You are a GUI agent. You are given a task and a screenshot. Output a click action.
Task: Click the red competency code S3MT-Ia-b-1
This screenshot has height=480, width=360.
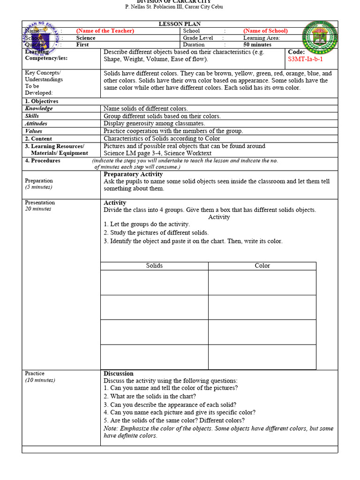(305, 60)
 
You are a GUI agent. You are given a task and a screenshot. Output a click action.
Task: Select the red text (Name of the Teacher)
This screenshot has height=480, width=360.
(105, 31)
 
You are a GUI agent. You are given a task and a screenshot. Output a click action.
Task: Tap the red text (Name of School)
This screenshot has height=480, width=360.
(265, 31)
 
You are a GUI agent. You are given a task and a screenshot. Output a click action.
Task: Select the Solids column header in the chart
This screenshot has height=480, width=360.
(154, 266)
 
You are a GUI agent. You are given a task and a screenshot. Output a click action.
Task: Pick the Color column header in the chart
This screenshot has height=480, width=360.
(262, 266)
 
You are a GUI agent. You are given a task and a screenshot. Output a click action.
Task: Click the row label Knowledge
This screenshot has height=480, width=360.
(39, 109)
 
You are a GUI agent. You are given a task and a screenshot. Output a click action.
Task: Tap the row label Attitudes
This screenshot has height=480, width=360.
(36, 124)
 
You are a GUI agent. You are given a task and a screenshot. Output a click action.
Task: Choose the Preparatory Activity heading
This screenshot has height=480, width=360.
(134, 174)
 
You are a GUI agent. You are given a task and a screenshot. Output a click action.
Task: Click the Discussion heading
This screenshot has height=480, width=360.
(119, 374)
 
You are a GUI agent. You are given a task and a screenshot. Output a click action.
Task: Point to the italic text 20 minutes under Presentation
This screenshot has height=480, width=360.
(38, 209)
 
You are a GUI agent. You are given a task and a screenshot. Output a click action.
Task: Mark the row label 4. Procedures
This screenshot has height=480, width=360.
(43, 161)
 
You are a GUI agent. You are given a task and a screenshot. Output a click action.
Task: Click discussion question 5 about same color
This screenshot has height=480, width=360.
(174, 420)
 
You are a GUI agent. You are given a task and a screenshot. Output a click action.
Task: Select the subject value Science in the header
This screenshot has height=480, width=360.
(86, 38)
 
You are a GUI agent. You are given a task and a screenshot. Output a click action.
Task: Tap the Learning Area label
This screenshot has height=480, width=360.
(261, 38)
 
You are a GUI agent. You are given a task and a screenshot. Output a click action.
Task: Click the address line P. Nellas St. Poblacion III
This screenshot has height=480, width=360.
(173, 7)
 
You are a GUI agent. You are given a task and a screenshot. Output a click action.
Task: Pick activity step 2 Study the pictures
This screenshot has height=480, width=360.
(156, 233)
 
